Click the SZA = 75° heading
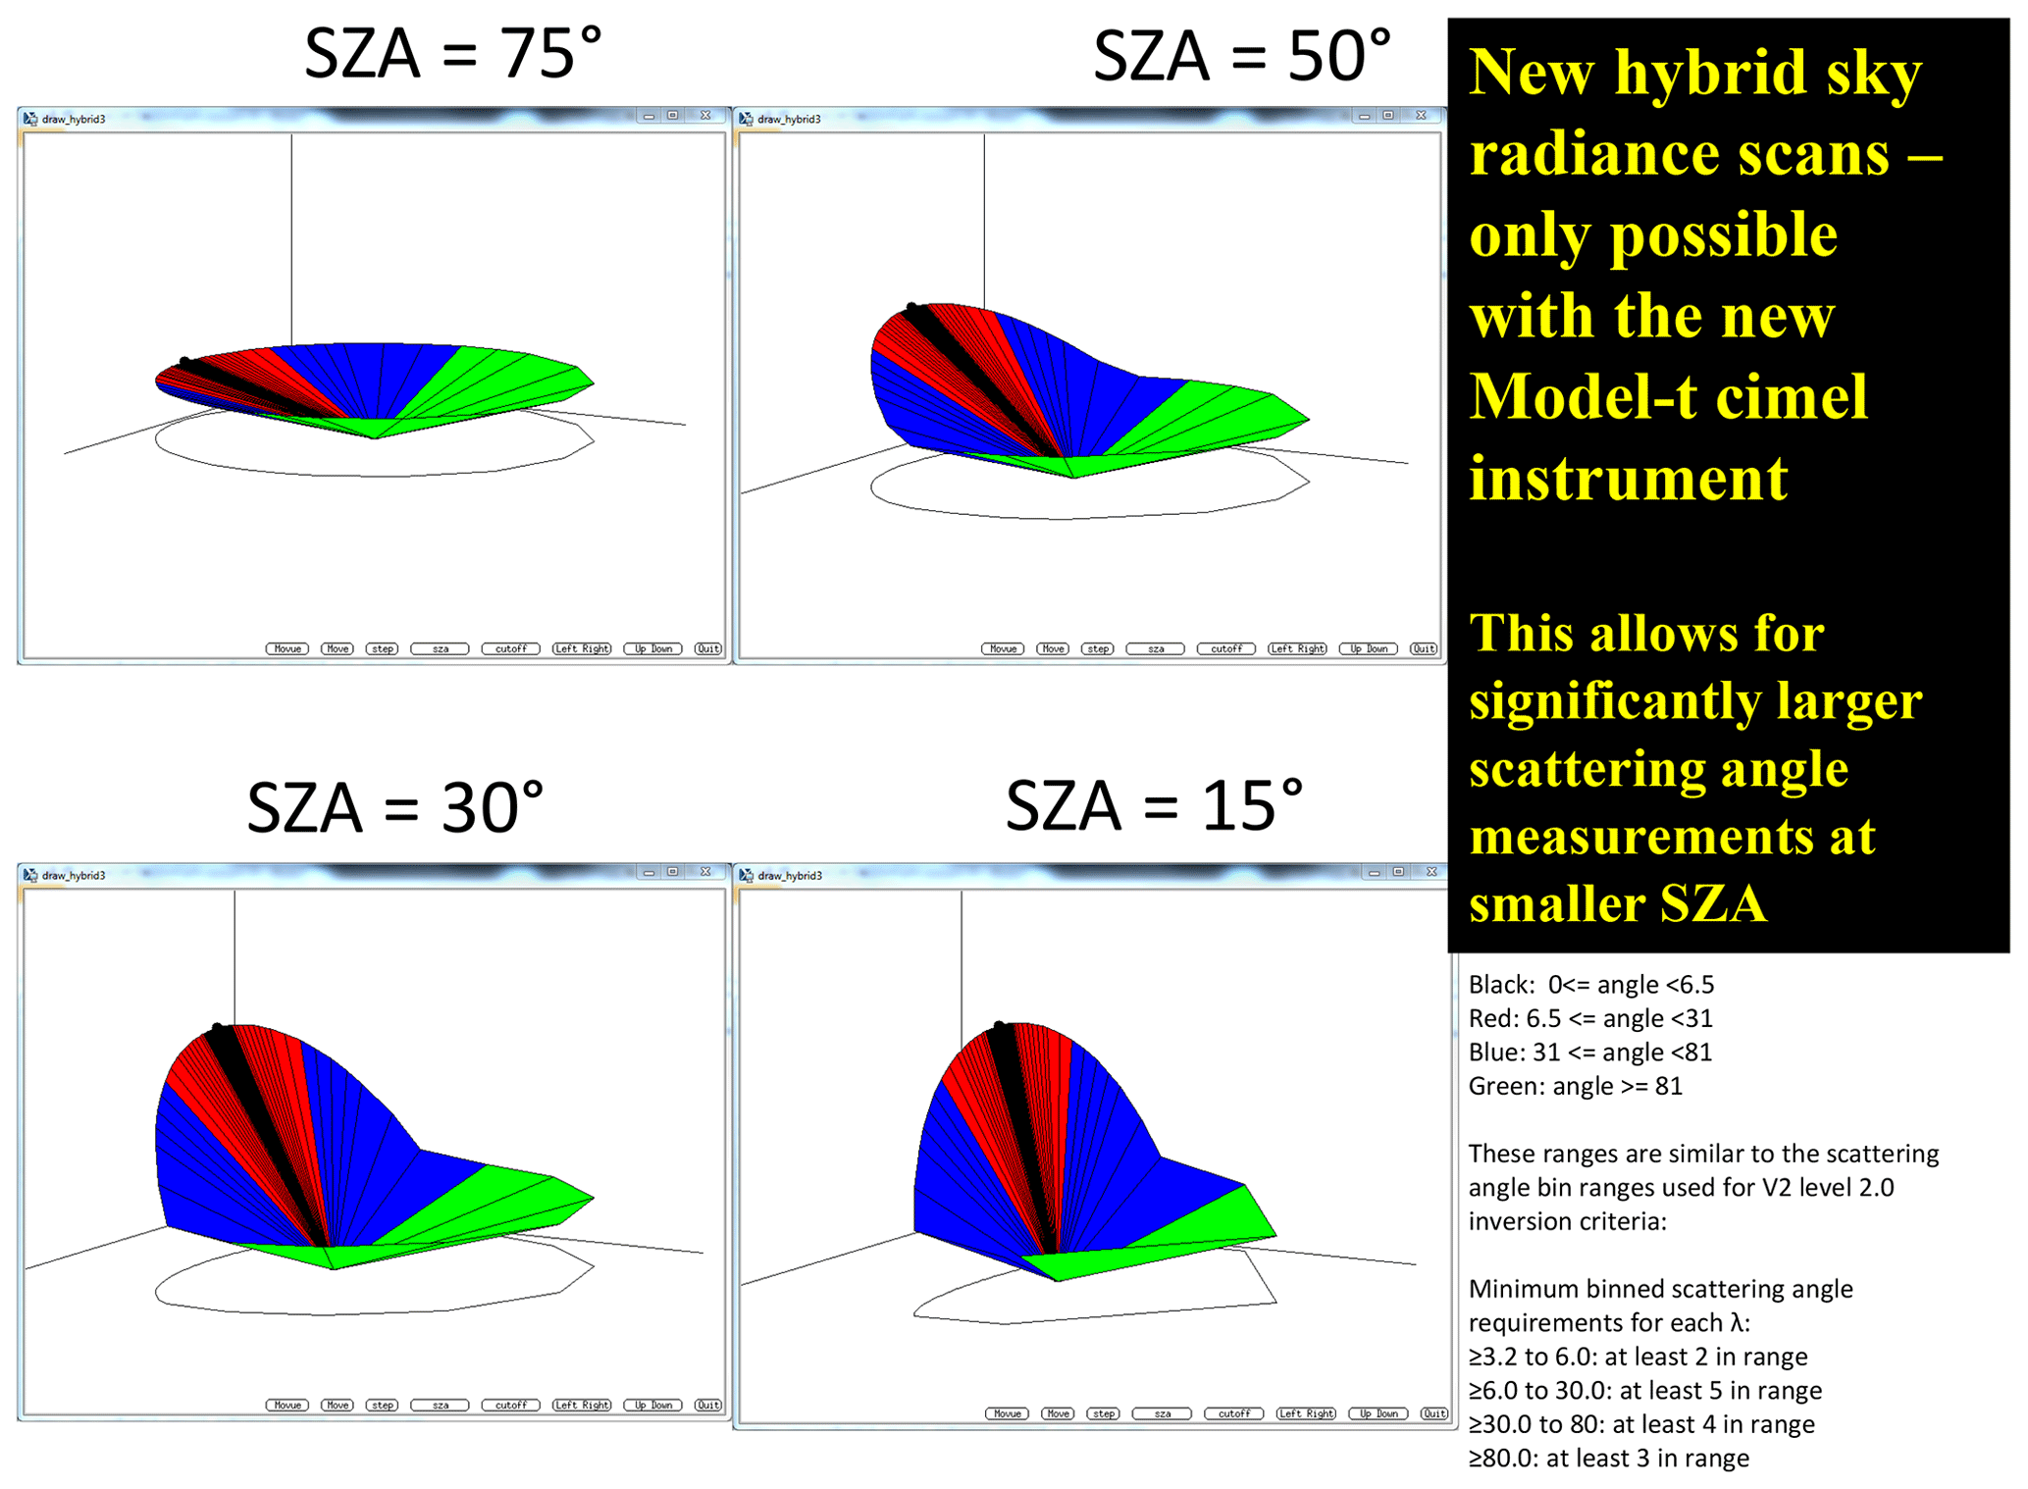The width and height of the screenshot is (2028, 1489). tap(452, 53)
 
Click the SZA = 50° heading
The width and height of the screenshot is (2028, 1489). tap(1242, 55)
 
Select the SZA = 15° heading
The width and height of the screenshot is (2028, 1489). tap(1155, 805)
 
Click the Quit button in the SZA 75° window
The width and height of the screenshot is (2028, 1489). tap(708, 648)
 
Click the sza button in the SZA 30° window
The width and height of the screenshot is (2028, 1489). tap(441, 1405)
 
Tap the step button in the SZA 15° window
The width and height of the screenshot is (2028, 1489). tap(1104, 1413)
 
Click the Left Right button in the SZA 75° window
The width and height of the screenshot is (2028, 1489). tap(582, 648)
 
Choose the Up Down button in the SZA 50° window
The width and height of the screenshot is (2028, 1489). tap(1368, 648)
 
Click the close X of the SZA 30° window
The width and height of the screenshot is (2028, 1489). tap(705, 871)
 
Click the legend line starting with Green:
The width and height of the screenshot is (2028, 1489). tap(1575, 1086)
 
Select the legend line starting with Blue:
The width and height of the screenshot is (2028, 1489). tap(1589, 1052)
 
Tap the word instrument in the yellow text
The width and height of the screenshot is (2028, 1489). tap(1629, 479)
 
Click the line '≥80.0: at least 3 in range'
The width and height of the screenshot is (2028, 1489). tap(1608, 1458)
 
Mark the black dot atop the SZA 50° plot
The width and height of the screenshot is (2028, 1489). tap(911, 308)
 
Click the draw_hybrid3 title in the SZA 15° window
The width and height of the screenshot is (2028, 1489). tap(790, 875)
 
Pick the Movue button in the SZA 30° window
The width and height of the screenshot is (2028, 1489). tap(287, 1405)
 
